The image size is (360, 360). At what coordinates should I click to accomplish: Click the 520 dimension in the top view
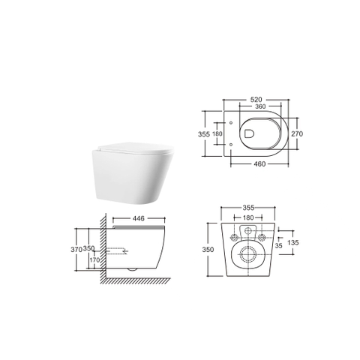256,100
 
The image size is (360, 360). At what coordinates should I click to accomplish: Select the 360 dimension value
260,106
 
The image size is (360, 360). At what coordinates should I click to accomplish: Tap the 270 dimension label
297,133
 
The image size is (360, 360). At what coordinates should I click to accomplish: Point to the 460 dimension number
259,164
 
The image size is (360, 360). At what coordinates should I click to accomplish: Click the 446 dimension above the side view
138,218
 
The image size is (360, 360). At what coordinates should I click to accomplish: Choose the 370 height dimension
76,249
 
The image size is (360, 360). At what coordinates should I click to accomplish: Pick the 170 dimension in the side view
94,260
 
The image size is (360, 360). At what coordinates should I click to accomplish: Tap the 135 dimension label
293,242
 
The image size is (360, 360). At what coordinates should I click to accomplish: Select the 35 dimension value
278,246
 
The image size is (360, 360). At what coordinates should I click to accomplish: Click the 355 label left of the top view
204,134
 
